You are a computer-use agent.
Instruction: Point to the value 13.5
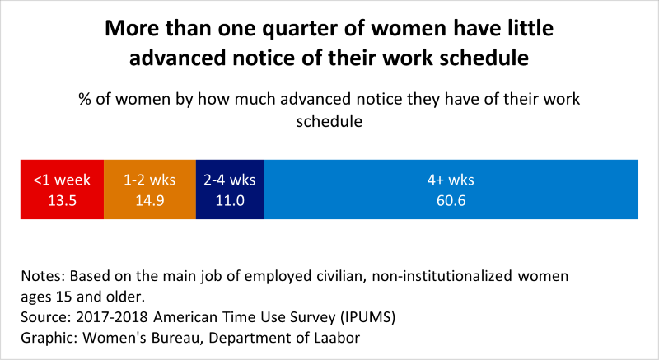[x=62, y=200]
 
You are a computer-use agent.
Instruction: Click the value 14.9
[x=149, y=200]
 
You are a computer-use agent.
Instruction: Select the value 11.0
[x=230, y=200]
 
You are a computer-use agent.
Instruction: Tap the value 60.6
[x=451, y=200]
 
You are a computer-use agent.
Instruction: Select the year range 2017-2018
[x=106, y=317]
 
